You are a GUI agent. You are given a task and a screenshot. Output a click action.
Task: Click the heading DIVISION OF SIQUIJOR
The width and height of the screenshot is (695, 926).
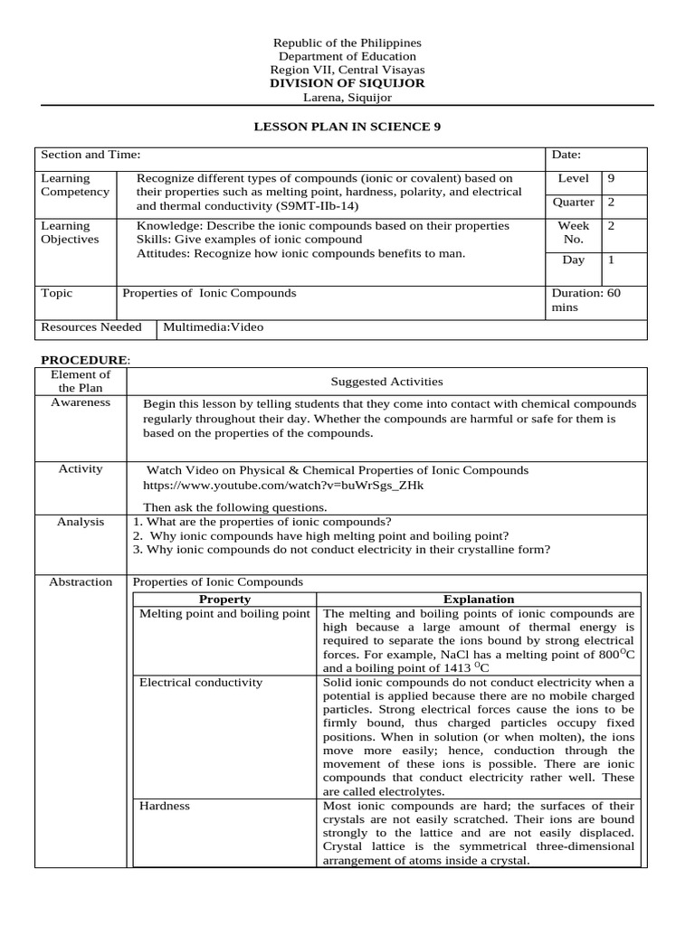(x=347, y=83)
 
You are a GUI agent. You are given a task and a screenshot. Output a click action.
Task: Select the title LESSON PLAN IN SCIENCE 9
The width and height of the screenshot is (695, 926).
(x=347, y=127)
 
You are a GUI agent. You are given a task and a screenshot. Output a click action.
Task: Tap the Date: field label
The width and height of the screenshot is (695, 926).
(x=566, y=156)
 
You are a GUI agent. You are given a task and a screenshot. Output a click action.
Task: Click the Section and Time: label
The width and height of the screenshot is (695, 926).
(x=90, y=156)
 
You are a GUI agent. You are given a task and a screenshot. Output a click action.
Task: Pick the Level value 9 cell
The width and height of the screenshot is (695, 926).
(x=611, y=179)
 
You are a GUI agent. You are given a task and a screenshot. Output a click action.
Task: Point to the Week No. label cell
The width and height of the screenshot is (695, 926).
(x=574, y=232)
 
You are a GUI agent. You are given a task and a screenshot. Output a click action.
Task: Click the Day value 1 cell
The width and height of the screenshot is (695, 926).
(x=611, y=260)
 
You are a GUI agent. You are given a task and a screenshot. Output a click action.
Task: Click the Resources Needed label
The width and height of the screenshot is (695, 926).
(x=91, y=327)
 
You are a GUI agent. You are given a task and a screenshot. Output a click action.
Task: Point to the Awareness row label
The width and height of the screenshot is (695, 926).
(x=81, y=402)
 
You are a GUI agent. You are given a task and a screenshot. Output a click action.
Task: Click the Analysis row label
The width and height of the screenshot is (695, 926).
(x=81, y=522)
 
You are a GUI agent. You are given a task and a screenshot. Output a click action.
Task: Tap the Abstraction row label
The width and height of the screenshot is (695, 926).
(x=81, y=581)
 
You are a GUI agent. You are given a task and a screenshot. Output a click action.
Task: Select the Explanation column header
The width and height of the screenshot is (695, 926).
(x=479, y=600)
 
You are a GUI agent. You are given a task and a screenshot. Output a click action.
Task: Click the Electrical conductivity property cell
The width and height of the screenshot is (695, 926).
(x=201, y=682)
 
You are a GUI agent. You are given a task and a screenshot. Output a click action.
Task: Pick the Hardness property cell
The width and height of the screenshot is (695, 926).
(x=165, y=805)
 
